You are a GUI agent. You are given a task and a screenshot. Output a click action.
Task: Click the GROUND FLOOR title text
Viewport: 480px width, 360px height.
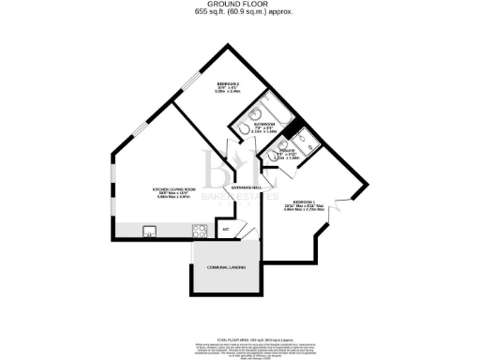(x=239, y=5)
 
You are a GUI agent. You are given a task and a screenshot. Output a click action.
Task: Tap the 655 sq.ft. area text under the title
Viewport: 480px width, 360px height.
(x=239, y=13)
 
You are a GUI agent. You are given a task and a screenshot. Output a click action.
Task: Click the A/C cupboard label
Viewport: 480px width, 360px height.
(x=225, y=228)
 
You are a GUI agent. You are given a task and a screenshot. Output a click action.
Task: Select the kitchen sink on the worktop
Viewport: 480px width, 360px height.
(x=148, y=230)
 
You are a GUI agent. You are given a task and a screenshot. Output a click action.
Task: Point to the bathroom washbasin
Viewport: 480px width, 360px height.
(x=242, y=130)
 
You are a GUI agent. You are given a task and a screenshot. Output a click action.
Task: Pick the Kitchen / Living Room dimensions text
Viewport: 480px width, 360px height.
(x=174, y=197)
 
